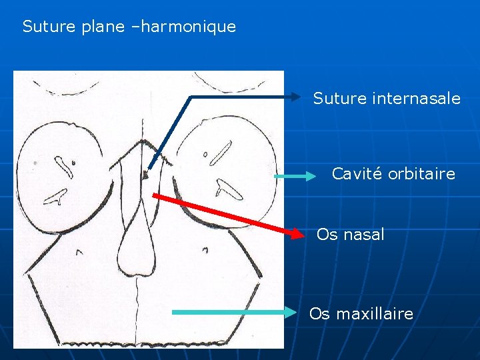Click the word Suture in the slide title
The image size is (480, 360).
point(45,27)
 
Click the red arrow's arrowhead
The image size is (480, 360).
point(299,233)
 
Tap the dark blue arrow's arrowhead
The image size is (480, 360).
point(297,97)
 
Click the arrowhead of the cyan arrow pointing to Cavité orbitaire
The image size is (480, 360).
point(311,177)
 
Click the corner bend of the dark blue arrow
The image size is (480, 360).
point(192,97)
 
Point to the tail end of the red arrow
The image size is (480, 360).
point(154,195)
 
